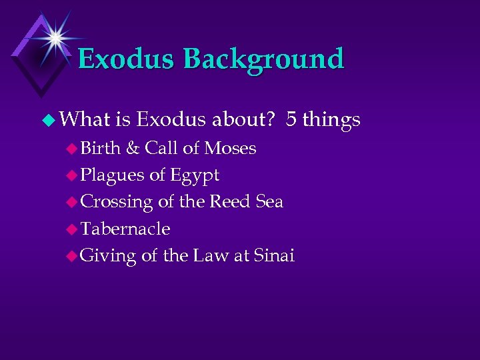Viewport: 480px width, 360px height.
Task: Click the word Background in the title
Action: pyautogui.click(x=263, y=59)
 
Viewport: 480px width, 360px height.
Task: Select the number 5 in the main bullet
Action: pyautogui.click(x=291, y=119)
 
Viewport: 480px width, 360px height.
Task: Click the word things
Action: pyautogui.click(x=331, y=121)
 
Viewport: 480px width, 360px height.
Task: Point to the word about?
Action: pyautogui.click(x=244, y=119)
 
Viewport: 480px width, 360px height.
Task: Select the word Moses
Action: pyautogui.click(x=230, y=148)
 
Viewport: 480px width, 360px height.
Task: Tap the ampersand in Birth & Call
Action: pyautogui.click(x=132, y=148)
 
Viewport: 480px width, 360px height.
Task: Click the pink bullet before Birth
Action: pyautogui.click(x=73, y=149)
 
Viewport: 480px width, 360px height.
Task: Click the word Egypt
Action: pyautogui.click(x=194, y=176)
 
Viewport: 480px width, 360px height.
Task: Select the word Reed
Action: pyautogui.click(x=231, y=201)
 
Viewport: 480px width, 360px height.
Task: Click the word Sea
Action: pyautogui.click(x=269, y=201)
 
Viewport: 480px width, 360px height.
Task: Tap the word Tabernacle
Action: pyautogui.click(x=125, y=229)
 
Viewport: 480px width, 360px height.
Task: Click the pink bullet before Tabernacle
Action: pyautogui.click(x=73, y=229)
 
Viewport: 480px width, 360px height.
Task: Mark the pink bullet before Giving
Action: pyautogui.click(x=73, y=256)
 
